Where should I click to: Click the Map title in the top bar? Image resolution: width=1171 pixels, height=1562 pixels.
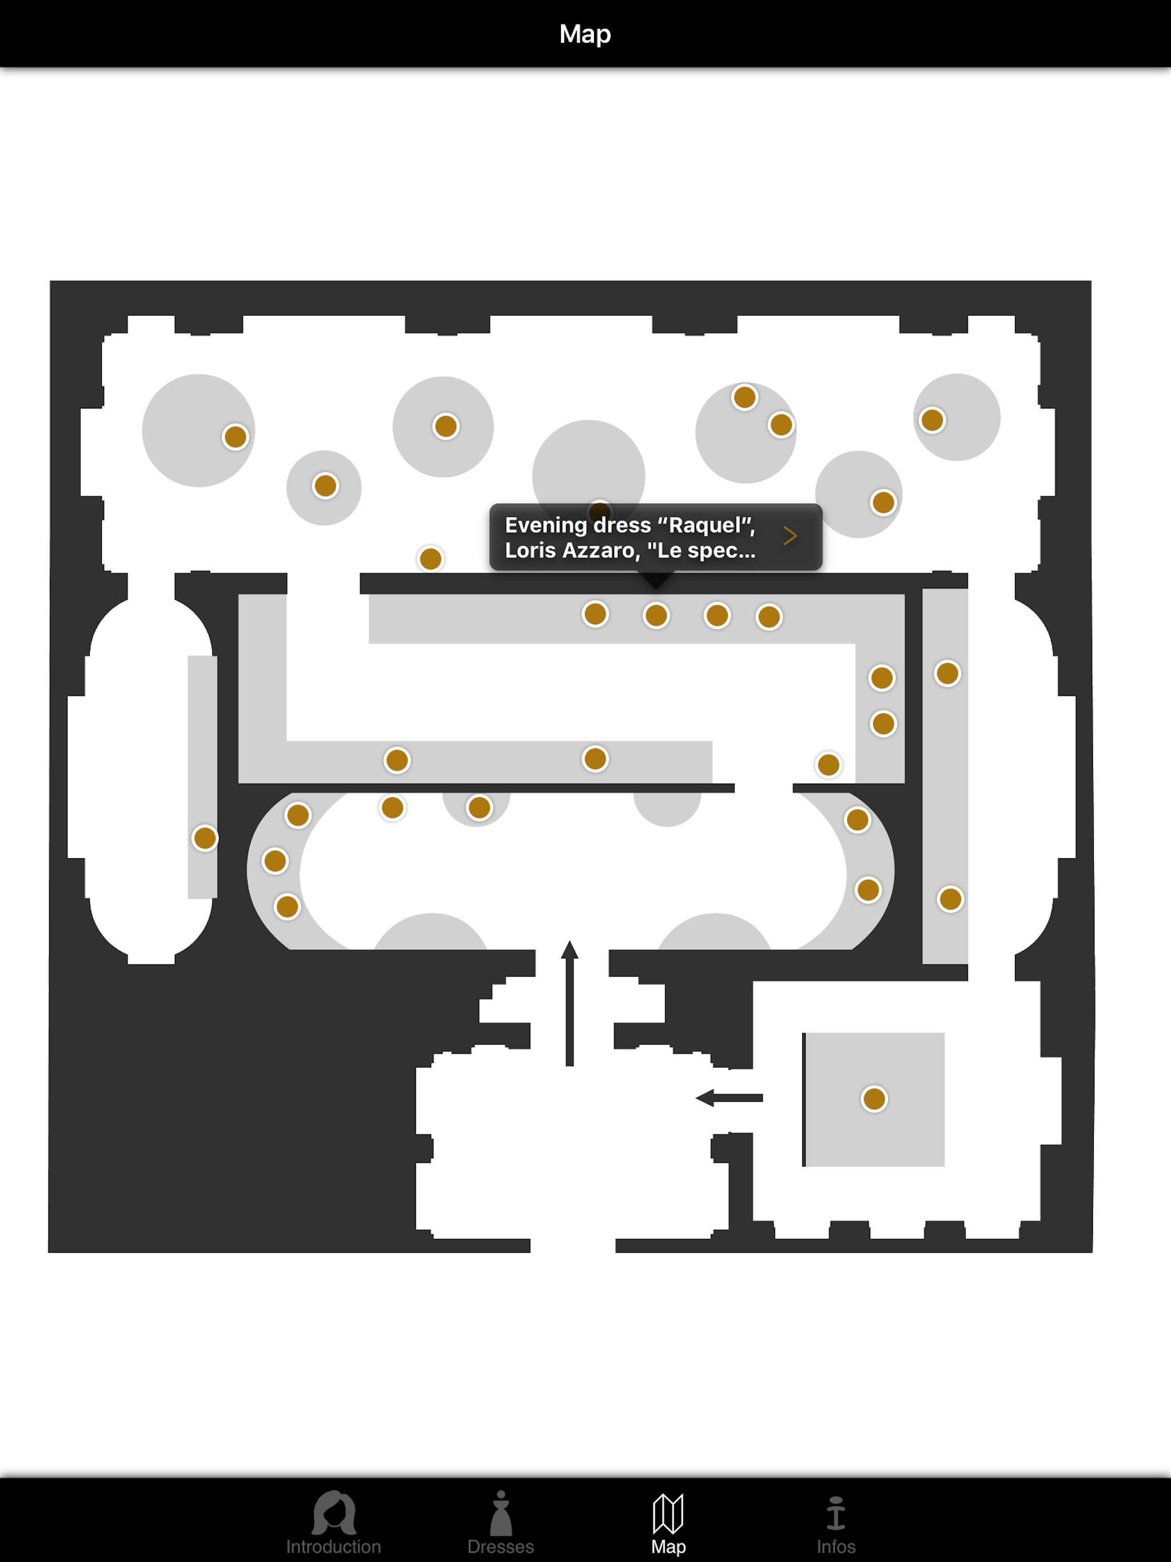tap(585, 34)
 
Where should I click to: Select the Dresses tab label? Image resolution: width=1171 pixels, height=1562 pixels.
tap(500, 1547)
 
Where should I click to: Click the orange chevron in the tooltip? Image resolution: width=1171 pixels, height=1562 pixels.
tap(790, 536)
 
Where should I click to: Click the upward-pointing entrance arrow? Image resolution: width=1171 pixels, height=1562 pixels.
tap(570, 1003)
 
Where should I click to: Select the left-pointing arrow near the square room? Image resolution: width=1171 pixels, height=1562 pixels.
tap(729, 1098)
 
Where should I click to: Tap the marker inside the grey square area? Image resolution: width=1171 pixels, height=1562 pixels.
tap(874, 1099)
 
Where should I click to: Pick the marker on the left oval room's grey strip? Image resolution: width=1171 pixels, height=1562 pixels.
tap(205, 838)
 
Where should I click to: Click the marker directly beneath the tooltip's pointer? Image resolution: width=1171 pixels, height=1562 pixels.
tap(656, 616)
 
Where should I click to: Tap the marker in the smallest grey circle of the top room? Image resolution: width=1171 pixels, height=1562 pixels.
tap(325, 486)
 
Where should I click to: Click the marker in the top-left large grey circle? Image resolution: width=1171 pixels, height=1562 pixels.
tap(235, 437)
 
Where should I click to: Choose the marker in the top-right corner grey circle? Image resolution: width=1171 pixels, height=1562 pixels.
tap(932, 421)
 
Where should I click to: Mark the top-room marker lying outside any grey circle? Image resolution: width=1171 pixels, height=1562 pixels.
tap(431, 559)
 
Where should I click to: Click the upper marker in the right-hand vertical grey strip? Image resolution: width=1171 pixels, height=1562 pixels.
tap(947, 674)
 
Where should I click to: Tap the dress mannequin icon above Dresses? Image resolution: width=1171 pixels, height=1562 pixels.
tap(500, 1513)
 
